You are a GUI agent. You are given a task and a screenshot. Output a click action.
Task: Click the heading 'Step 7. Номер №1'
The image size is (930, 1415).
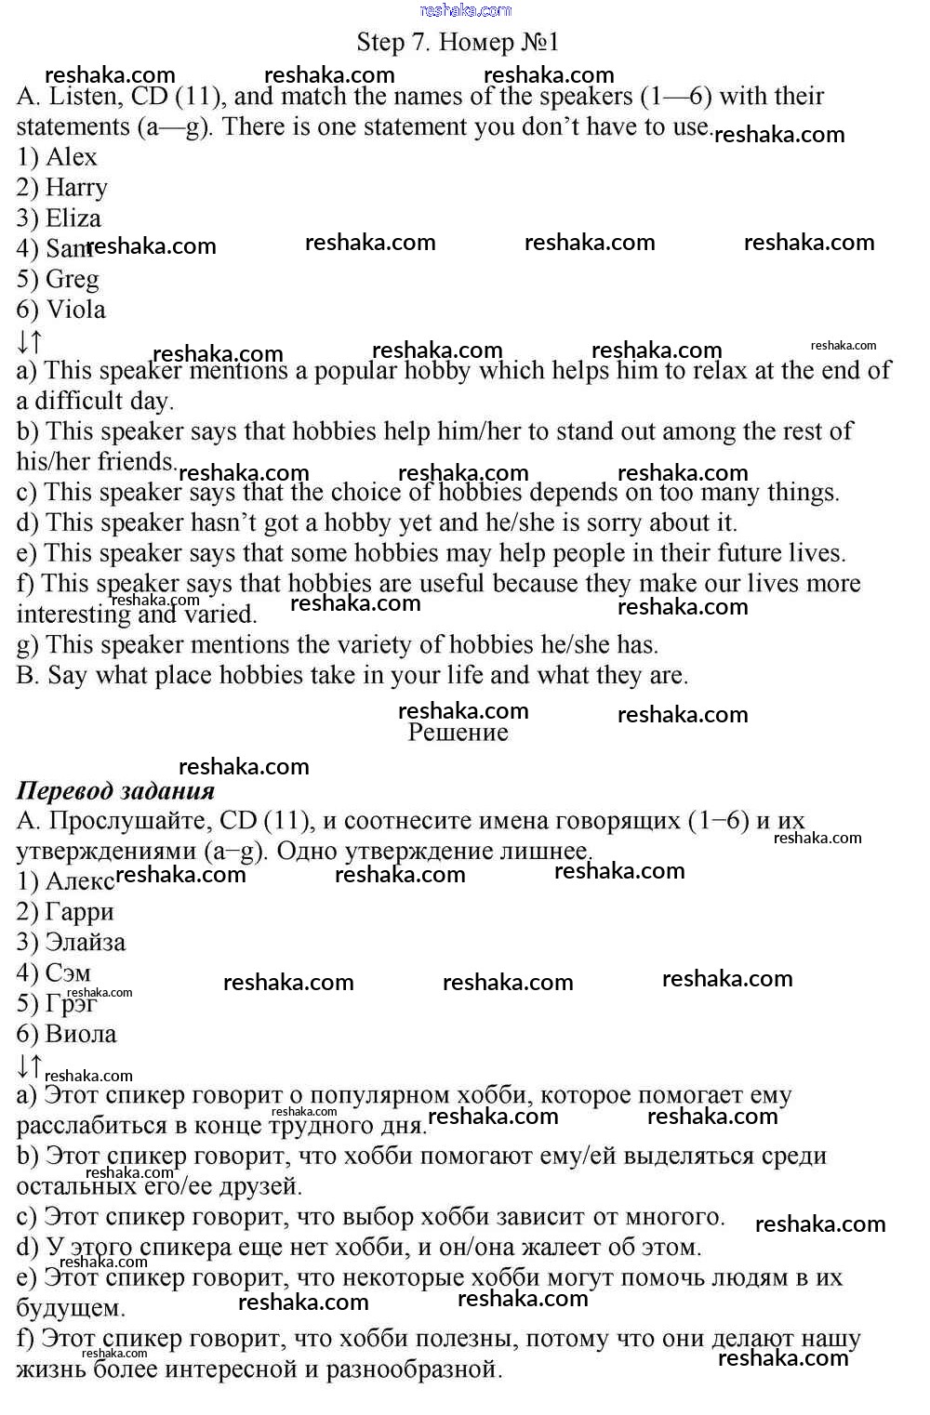tap(458, 42)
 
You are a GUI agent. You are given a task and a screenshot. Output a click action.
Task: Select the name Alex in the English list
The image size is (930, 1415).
tap(72, 157)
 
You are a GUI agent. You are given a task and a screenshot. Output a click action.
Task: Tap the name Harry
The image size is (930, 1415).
tap(76, 188)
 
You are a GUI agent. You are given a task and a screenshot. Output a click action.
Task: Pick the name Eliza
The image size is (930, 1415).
tap(73, 218)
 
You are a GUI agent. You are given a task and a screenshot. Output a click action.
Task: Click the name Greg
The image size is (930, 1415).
tap(72, 279)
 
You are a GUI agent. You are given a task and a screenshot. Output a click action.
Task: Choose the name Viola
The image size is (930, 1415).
tap(75, 310)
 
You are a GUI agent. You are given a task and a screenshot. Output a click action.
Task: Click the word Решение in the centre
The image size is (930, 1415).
tap(458, 733)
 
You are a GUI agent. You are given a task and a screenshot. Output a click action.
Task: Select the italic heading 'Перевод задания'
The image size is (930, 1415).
tap(115, 791)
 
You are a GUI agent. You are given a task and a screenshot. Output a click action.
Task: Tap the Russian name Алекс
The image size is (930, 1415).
tap(79, 881)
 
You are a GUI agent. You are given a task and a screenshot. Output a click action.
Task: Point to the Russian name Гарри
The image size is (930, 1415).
tap(79, 912)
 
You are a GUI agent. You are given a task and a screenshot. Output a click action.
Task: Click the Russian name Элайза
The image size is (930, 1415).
tap(85, 943)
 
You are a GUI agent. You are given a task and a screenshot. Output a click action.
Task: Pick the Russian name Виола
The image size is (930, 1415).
tap(81, 1034)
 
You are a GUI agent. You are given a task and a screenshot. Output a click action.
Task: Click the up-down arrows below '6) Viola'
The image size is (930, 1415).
tap(29, 341)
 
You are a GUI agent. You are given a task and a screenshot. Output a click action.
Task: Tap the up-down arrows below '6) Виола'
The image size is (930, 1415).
tap(29, 1065)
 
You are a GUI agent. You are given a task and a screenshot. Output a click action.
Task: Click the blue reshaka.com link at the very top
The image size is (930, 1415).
tap(465, 10)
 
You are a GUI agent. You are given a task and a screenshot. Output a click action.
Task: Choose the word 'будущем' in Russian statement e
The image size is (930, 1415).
tap(70, 1309)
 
